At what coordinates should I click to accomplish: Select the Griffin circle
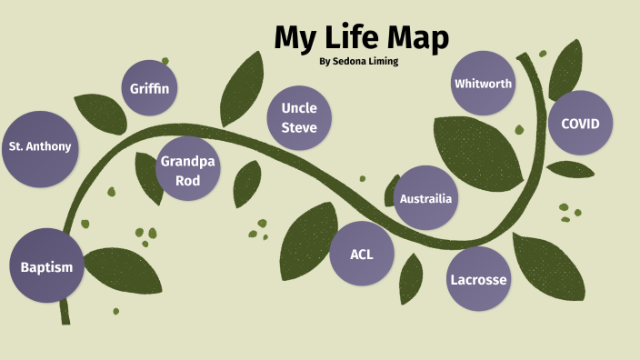(150, 88)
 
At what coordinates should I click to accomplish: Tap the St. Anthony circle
(39, 146)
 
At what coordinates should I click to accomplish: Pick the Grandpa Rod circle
(187, 170)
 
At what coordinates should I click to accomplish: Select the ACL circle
(361, 254)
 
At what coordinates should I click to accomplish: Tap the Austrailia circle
(425, 198)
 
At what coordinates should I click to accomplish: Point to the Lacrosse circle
(478, 278)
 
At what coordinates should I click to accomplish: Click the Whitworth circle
(483, 84)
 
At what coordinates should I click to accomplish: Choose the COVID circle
(580, 123)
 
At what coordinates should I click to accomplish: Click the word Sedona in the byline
(357, 62)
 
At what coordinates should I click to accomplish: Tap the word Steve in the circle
(298, 127)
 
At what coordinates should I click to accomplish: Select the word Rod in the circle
(187, 179)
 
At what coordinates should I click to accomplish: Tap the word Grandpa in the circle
(187, 161)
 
